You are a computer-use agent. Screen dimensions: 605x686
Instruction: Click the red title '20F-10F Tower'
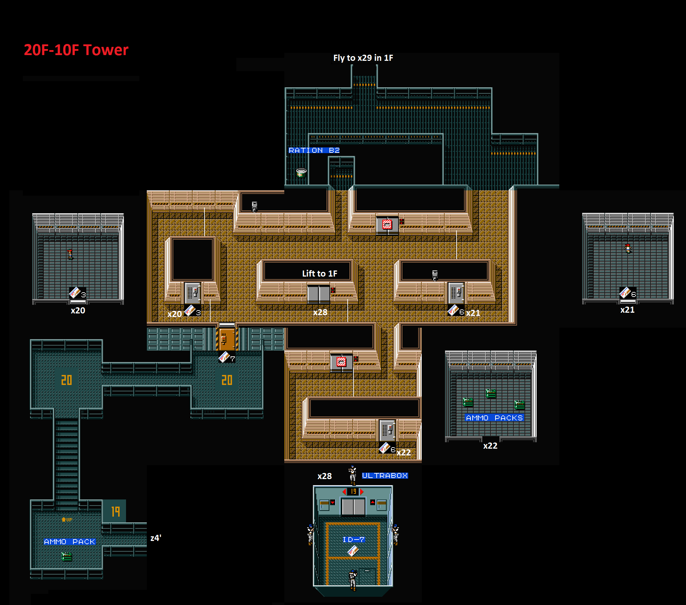click(76, 50)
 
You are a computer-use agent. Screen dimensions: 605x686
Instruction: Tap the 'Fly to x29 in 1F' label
click(363, 58)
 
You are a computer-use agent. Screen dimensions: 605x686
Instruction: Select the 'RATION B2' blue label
click(314, 150)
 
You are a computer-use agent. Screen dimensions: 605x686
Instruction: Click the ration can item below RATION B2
click(301, 173)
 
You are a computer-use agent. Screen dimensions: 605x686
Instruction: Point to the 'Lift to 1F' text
click(319, 274)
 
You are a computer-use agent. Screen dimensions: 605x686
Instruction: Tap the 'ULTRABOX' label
click(385, 475)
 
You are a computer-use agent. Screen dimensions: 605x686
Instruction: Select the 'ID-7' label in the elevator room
click(353, 540)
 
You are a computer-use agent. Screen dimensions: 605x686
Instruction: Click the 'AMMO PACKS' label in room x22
click(494, 418)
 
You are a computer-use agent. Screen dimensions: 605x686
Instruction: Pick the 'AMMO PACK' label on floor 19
click(69, 542)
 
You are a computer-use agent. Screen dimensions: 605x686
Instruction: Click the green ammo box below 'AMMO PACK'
click(67, 557)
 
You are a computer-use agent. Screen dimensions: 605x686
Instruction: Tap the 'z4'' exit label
click(156, 538)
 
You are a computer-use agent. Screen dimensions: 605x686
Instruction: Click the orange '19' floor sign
click(115, 512)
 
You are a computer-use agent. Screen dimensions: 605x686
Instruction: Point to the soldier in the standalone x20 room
click(70, 254)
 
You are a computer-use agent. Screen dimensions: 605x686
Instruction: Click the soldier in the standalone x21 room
click(628, 248)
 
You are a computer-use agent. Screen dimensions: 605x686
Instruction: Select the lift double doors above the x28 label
click(319, 294)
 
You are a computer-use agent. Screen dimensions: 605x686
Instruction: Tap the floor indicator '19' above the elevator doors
click(353, 492)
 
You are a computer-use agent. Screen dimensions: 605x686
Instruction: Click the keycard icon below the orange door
click(224, 357)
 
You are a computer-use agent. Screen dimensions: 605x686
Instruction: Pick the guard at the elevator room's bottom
click(353, 580)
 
